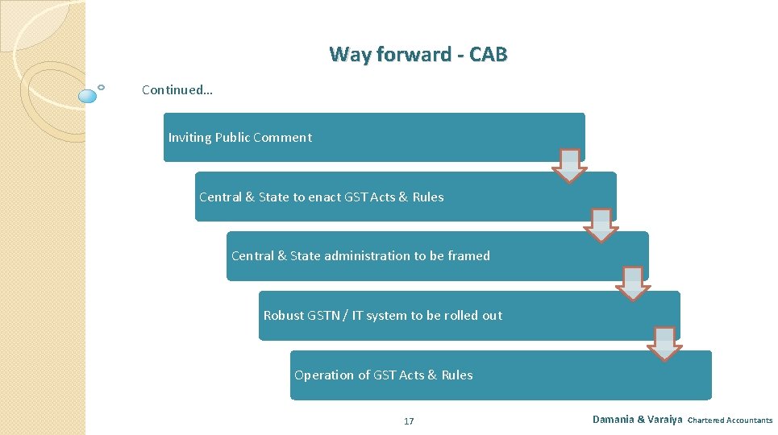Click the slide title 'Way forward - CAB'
418,55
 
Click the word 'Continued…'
177,90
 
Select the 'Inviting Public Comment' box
373,137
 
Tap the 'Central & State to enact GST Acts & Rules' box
405,197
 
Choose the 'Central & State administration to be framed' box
436,256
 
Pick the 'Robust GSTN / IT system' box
468,316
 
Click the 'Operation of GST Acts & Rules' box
500,375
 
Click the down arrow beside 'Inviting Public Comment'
569,165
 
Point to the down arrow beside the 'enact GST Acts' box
601,225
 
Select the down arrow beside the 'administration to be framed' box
633,284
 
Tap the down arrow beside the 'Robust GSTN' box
664,343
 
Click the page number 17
409,421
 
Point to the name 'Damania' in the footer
613,420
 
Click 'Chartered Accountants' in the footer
730,420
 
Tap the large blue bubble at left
88,97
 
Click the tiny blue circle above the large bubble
101,86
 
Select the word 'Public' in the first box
232,138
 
